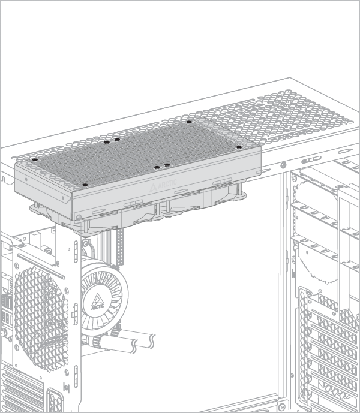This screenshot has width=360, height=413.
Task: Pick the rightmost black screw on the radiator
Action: click(238, 147)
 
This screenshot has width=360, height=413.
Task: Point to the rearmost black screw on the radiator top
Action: click(189, 122)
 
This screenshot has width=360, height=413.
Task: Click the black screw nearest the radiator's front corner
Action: click(85, 185)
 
